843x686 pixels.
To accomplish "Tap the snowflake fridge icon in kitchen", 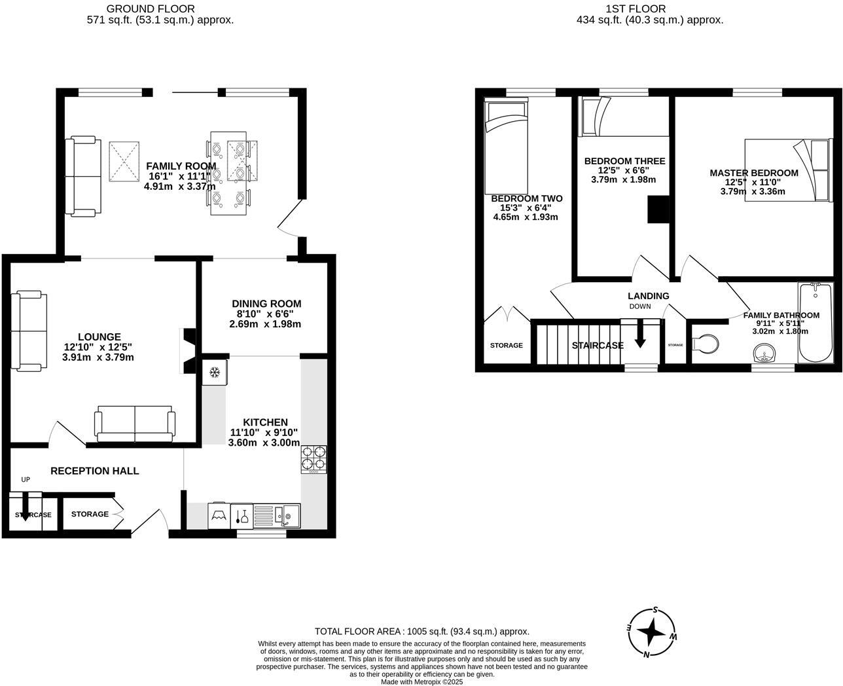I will click(213, 373).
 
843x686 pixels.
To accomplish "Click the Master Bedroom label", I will click(753, 173).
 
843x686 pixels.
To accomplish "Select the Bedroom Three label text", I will click(624, 161).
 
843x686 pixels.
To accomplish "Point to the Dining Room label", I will click(266, 304).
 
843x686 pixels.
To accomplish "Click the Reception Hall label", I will click(94, 471).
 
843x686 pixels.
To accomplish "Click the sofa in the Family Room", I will click(82, 176).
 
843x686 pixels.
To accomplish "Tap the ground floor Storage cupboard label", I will click(90, 514).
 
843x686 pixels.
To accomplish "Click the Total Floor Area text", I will click(421, 632).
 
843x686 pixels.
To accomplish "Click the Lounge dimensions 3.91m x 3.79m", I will click(98, 357).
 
